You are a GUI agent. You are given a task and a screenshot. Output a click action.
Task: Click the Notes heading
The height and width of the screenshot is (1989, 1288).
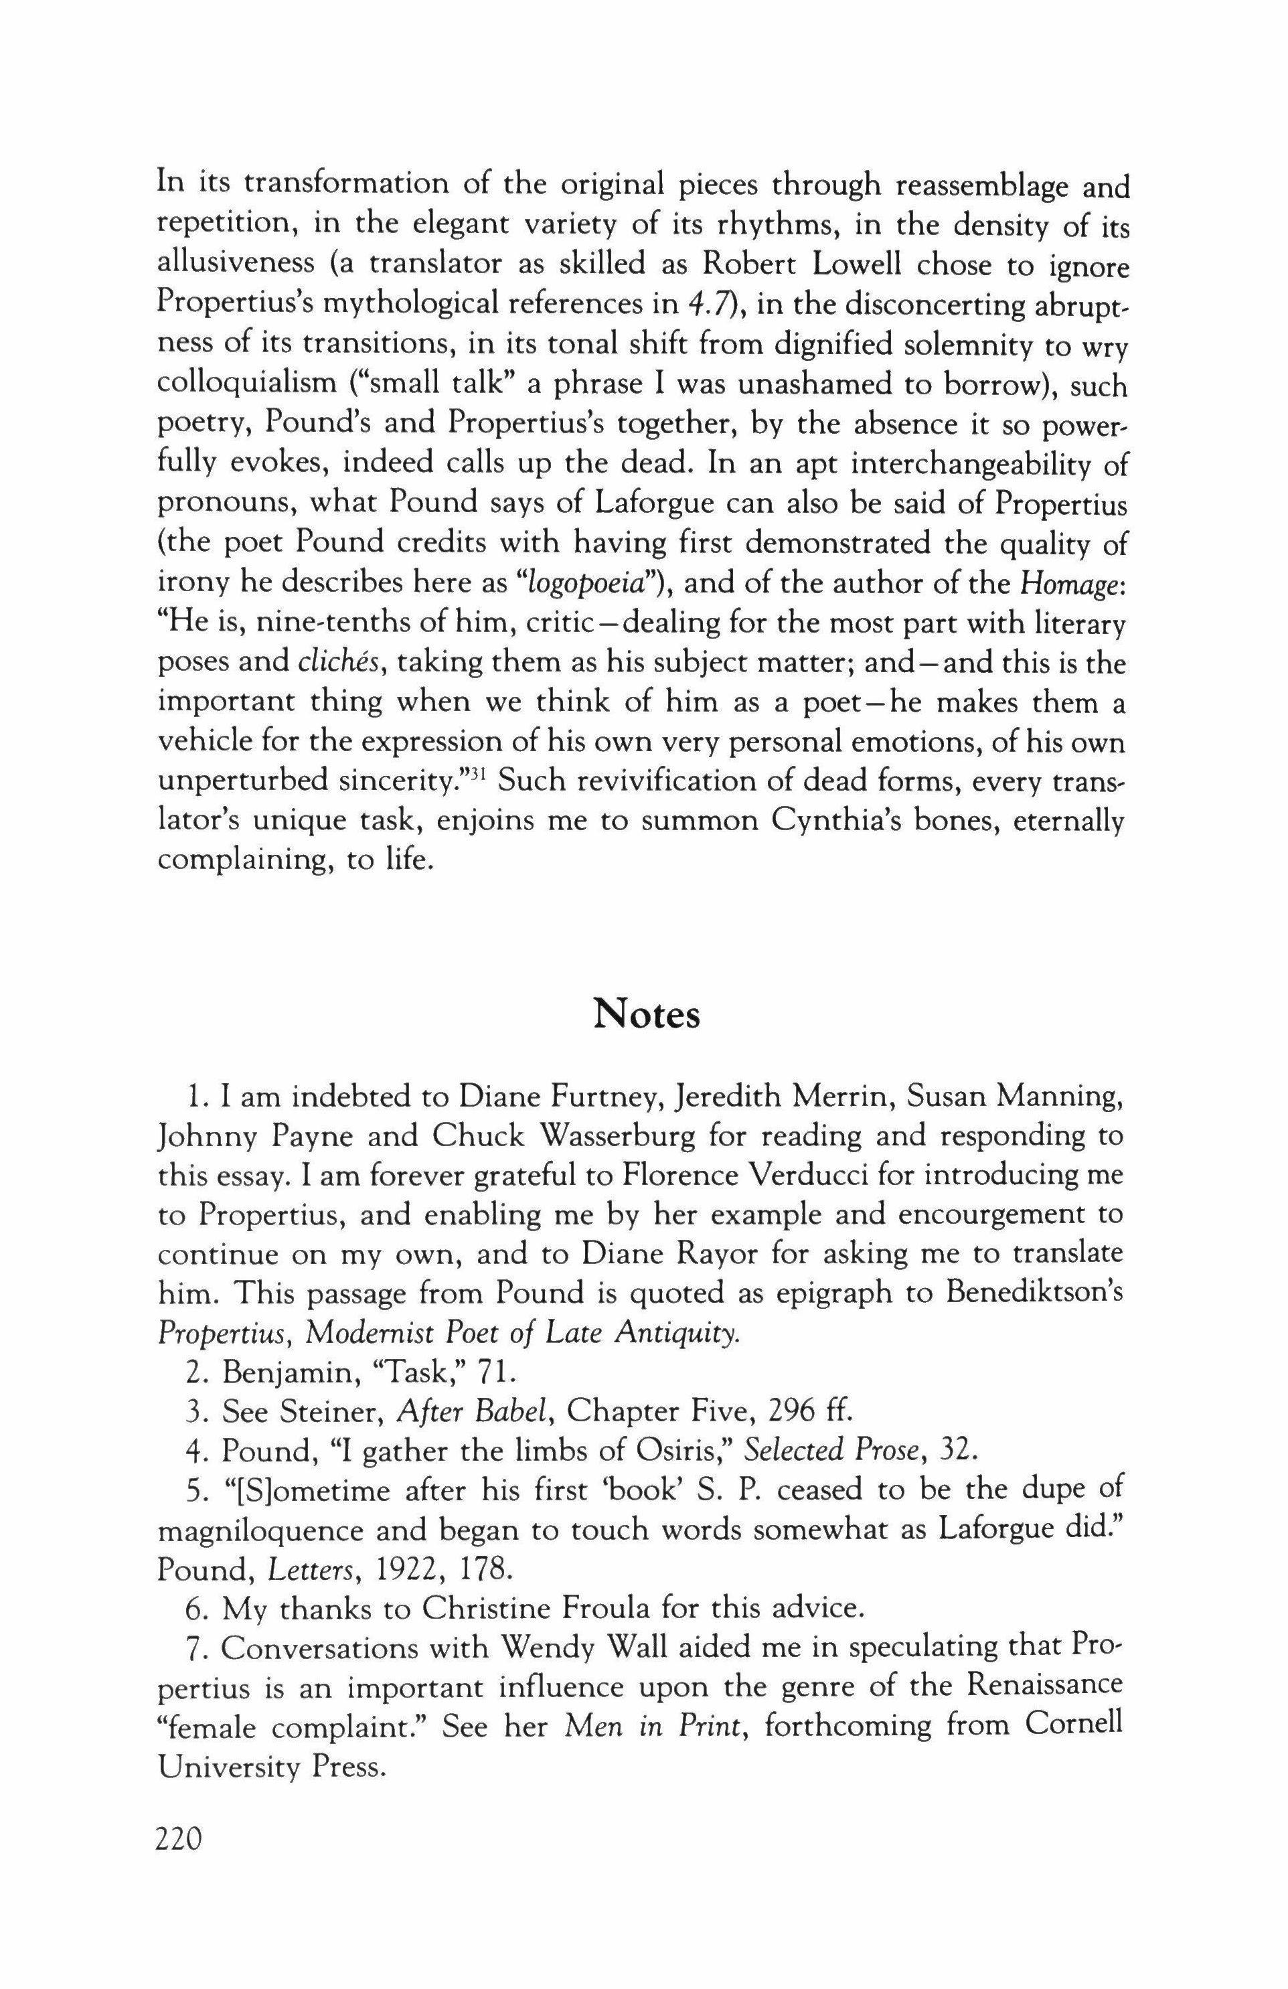pos(646,1016)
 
